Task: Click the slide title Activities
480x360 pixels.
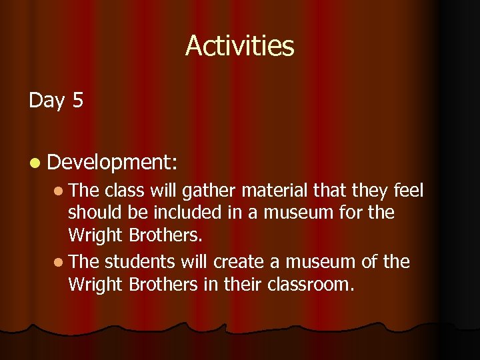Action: click(239, 45)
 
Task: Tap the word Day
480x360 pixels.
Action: click(47, 101)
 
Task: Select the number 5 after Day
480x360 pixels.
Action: click(78, 101)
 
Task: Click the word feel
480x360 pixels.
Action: click(407, 191)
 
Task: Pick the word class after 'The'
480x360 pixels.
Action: click(125, 191)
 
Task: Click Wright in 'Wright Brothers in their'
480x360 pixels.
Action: click(95, 284)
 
